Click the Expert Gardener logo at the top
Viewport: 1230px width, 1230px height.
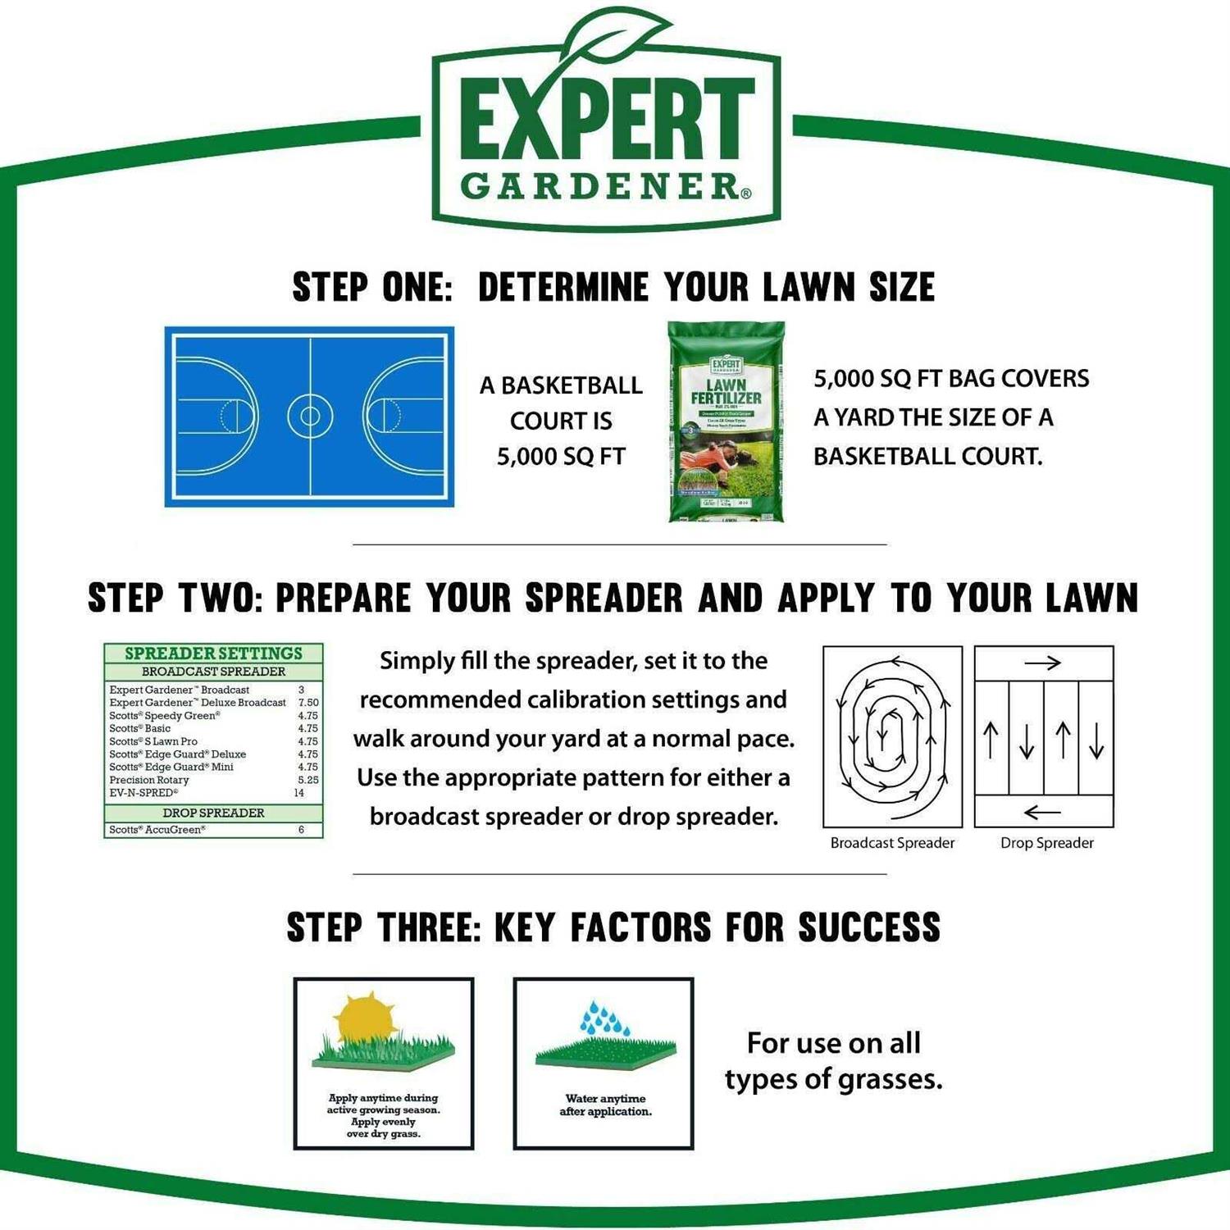607,131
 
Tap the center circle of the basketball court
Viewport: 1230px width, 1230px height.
310,416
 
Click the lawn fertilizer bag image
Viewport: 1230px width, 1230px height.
726,421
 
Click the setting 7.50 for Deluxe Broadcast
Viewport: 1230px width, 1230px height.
308,703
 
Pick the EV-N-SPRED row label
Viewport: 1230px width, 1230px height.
143,793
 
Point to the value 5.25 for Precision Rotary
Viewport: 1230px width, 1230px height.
308,780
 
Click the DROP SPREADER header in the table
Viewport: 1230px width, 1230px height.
213,813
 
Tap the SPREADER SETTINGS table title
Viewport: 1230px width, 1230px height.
213,654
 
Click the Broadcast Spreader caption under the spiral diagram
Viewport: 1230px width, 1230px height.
892,843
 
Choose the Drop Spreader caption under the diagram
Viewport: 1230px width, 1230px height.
1046,843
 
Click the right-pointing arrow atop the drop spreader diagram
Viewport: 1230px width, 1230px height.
1042,663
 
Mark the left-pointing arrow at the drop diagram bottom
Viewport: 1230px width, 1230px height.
1042,812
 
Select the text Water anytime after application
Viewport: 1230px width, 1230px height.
605,1105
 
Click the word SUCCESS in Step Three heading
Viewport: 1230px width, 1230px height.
868,927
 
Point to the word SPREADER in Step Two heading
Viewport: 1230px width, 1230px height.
604,599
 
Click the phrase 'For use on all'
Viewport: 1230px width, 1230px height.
833,1043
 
